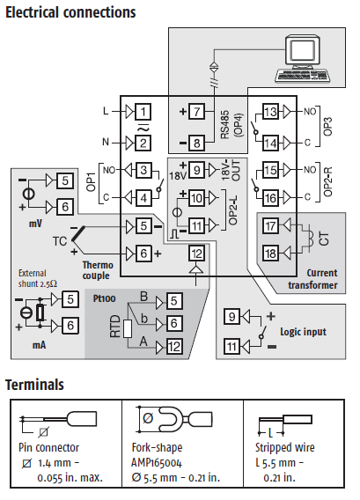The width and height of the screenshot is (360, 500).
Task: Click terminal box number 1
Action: click(x=143, y=112)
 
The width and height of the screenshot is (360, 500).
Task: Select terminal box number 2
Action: click(x=143, y=143)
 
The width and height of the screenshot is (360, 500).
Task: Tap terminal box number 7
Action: click(x=196, y=112)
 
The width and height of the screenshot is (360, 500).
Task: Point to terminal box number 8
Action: click(x=196, y=143)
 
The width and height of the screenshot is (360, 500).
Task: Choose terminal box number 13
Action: click(x=270, y=112)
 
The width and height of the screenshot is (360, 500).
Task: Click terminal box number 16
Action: click(x=270, y=198)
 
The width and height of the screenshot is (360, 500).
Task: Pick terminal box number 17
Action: click(x=270, y=226)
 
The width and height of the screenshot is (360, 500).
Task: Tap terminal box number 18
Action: click(x=270, y=254)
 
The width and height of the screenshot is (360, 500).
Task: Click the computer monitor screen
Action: click(x=303, y=52)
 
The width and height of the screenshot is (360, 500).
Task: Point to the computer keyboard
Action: click(x=301, y=76)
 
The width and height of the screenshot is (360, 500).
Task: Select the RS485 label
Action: click(x=225, y=124)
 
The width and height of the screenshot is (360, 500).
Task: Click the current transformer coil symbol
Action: click(x=311, y=239)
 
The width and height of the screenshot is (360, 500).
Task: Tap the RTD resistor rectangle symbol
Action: click(x=128, y=328)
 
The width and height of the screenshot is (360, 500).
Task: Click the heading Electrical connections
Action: click(x=70, y=12)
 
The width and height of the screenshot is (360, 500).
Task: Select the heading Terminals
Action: click(x=34, y=385)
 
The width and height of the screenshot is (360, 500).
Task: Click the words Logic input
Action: click(x=303, y=332)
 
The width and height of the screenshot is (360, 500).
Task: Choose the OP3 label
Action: click(x=327, y=126)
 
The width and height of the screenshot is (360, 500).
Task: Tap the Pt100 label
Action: click(x=104, y=298)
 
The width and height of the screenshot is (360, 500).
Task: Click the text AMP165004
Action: click(x=157, y=463)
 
